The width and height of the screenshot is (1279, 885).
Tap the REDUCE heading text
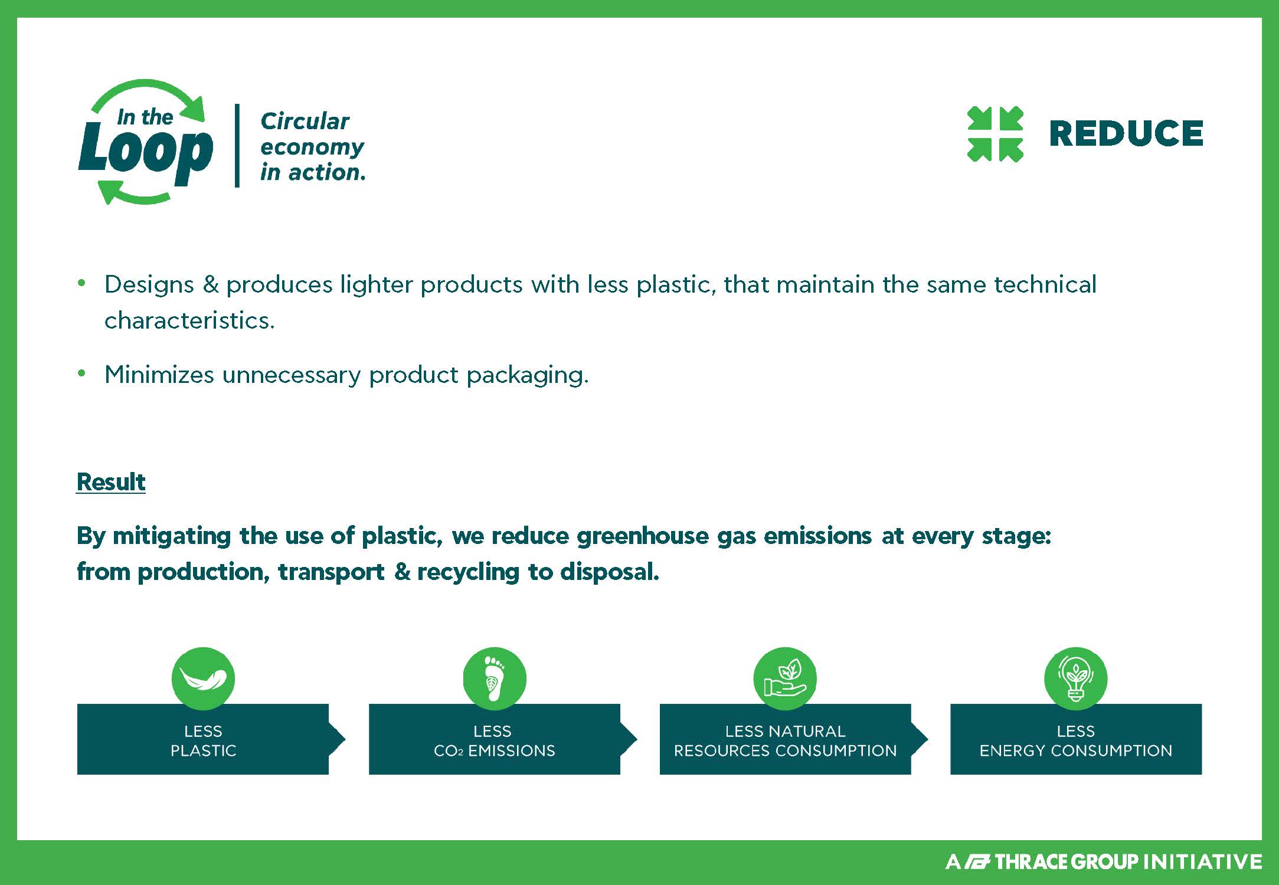click(1126, 133)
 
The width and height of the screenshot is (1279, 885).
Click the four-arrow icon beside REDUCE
click(995, 134)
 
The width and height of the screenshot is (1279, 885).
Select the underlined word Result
click(111, 482)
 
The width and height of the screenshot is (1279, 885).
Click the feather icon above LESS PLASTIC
click(203, 678)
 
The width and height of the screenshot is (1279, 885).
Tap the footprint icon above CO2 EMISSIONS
click(494, 678)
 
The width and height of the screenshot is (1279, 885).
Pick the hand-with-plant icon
click(785, 678)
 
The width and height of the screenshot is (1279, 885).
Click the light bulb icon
click(1075, 678)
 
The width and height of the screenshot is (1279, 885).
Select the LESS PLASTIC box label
click(203, 741)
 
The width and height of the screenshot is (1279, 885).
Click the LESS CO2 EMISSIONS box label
click(494, 741)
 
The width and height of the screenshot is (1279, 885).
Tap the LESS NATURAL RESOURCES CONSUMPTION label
click(785, 741)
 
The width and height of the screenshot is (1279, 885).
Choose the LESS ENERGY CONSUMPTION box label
click(1075, 741)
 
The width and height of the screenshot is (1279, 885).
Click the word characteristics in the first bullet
click(189, 320)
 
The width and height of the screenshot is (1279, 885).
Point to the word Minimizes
click(159, 375)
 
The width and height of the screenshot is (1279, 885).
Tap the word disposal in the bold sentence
click(609, 572)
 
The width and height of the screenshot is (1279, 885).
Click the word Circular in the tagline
click(305, 121)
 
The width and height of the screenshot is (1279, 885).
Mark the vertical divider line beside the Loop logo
click(237, 146)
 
